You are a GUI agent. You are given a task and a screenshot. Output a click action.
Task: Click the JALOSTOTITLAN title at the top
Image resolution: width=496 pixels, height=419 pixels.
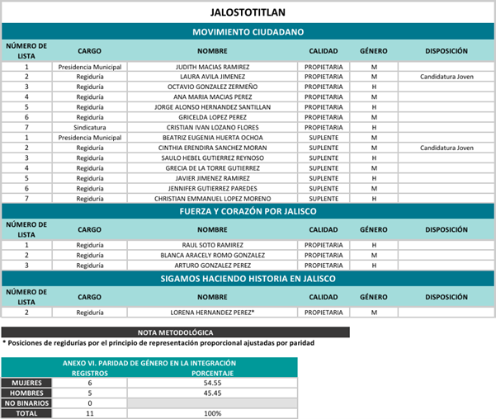point(248,12)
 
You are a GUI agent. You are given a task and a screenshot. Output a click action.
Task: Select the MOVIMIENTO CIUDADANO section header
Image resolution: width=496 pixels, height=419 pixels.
point(248,31)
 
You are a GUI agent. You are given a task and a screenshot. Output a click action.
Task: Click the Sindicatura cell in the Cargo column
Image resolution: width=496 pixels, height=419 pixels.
point(89,127)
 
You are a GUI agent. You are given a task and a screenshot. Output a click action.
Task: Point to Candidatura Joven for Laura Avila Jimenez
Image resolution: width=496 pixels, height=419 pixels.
point(446,76)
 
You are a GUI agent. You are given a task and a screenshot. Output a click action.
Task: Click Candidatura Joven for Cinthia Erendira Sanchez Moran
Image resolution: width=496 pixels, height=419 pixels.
point(446,148)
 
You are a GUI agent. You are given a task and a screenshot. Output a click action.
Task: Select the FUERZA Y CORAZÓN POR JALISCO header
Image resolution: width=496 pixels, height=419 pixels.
point(248,211)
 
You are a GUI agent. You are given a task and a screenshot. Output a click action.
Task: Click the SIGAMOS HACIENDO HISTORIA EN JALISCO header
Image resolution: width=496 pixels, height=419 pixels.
point(248,279)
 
